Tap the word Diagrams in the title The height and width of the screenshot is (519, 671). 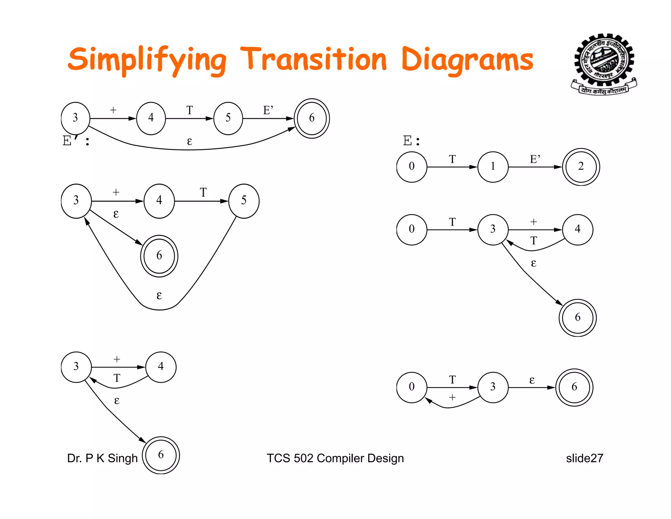tap(467, 60)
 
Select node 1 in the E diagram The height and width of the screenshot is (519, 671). tap(493, 167)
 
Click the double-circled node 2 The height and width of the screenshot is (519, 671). tap(581, 167)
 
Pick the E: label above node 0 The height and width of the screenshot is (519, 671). tap(411, 141)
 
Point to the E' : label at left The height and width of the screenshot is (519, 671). tap(76, 141)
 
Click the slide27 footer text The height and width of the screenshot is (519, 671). tap(584, 458)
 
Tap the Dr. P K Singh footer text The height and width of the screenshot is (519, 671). tap(102, 458)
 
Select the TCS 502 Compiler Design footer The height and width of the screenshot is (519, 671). tap(335, 458)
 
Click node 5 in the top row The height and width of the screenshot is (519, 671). tap(228, 118)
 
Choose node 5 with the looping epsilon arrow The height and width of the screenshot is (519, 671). tap(244, 200)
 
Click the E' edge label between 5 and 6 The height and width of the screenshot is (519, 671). tap(268, 110)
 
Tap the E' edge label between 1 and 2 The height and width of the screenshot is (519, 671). tap(535, 159)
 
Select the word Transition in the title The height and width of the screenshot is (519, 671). tap(314, 60)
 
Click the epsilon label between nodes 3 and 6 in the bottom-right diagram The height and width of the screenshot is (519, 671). tap(532, 380)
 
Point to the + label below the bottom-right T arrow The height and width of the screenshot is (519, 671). tap(452, 398)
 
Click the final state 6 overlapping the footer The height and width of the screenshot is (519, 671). tap(161, 455)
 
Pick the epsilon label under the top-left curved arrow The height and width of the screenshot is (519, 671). tap(189, 141)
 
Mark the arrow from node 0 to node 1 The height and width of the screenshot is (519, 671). tap(452, 167)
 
